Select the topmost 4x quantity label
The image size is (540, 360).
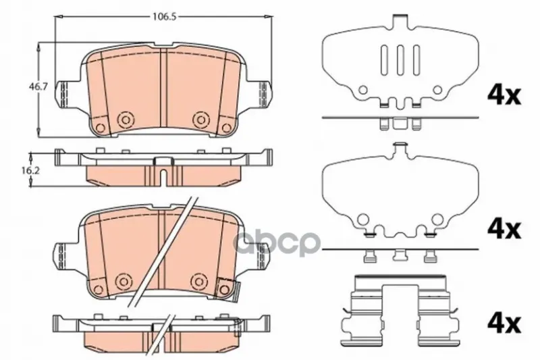coord(504,95)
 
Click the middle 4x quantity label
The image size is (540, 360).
coord(504,229)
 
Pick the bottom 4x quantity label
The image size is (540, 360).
coord(504,324)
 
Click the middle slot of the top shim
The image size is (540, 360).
coord(400,60)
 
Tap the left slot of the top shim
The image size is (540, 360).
coord(384,60)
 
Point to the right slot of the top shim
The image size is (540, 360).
coord(416,60)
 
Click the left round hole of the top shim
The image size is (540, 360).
coord(363,91)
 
